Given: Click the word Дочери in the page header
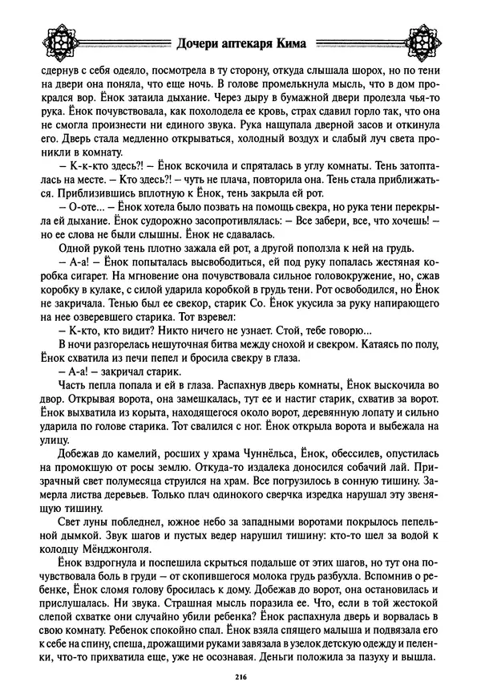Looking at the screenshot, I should coord(203,42).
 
